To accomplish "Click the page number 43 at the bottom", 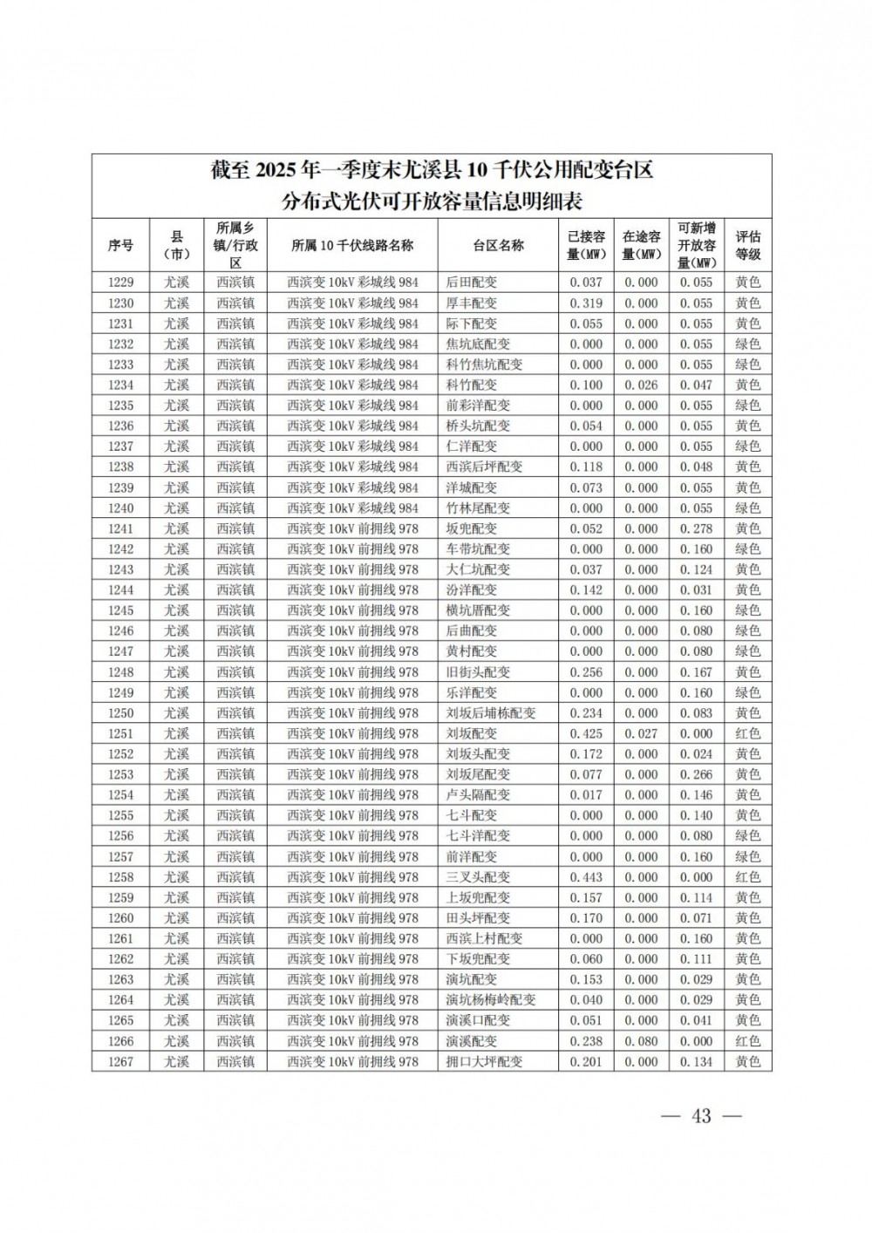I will pyautogui.click(x=702, y=1116).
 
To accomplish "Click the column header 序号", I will pyautogui.click(x=120, y=245).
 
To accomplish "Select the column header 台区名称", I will pyautogui.click(x=498, y=245).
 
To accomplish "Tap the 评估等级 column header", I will pyautogui.click(x=747, y=245).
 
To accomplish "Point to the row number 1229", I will pyautogui.click(x=120, y=283).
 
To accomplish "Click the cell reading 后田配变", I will pyautogui.click(x=471, y=283).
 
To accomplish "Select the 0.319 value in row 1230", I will pyautogui.click(x=586, y=303).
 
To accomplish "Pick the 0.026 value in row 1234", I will pyautogui.click(x=641, y=385).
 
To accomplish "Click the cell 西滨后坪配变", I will pyautogui.click(x=484, y=467).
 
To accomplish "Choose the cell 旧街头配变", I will pyautogui.click(x=478, y=672).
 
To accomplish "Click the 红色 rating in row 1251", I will pyautogui.click(x=747, y=733).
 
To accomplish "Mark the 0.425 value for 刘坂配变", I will pyautogui.click(x=586, y=733).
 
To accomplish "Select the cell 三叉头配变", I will pyautogui.click(x=478, y=877).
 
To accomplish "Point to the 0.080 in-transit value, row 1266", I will pyautogui.click(x=641, y=1041).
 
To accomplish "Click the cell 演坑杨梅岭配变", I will pyautogui.click(x=491, y=1000).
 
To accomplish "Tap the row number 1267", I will pyautogui.click(x=120, y=1061).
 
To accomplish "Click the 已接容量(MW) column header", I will pyautogui.click(x=586, y=245).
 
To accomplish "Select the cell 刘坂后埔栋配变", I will pyautogui.click(x=491, y=713).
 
